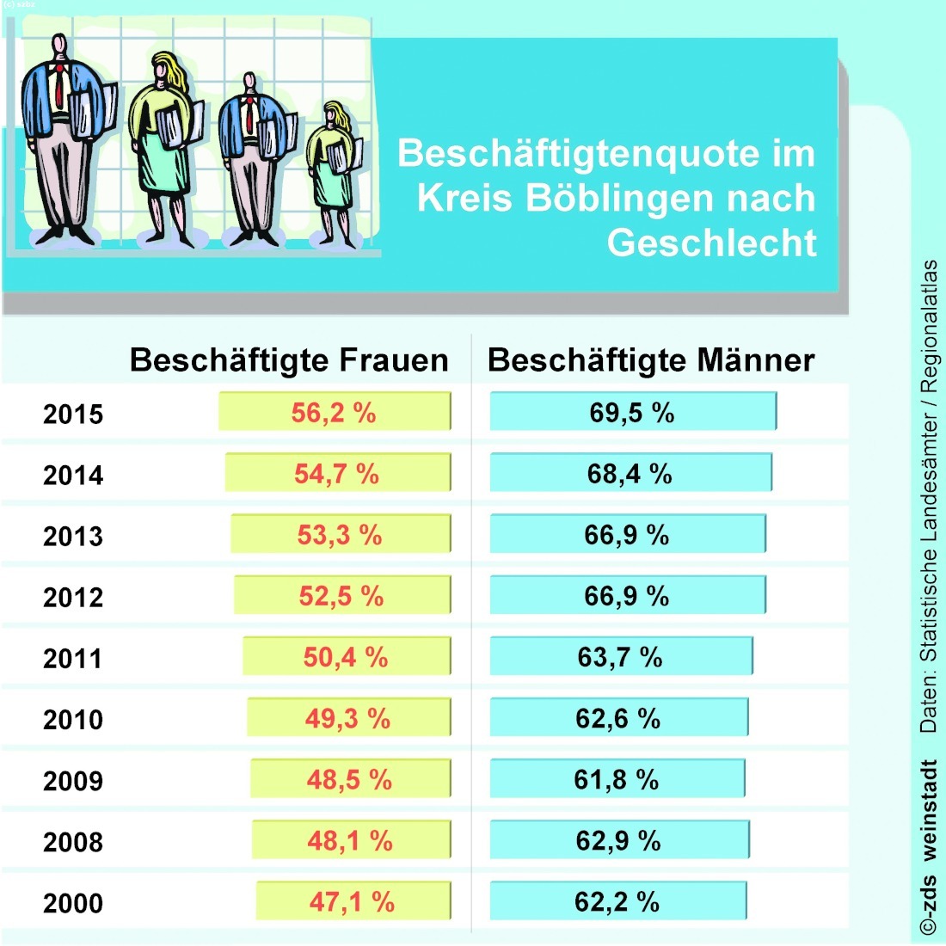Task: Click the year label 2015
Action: click(x=73, y=414)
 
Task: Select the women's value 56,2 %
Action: click(x=334, y=413)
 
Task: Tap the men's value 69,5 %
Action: click(x=632, y=413)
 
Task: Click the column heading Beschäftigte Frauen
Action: click(x=289, y=360)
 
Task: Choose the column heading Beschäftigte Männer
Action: click(x=651, y=360)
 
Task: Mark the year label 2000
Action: click(x=73, y=903)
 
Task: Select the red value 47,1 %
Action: click(x=352, y=902)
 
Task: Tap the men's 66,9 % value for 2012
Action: click(x=627, y=596)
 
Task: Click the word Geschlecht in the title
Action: click(x=711, y=243)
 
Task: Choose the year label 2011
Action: click(x=73, y=659)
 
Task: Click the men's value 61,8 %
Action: click(x=617, y=780)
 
